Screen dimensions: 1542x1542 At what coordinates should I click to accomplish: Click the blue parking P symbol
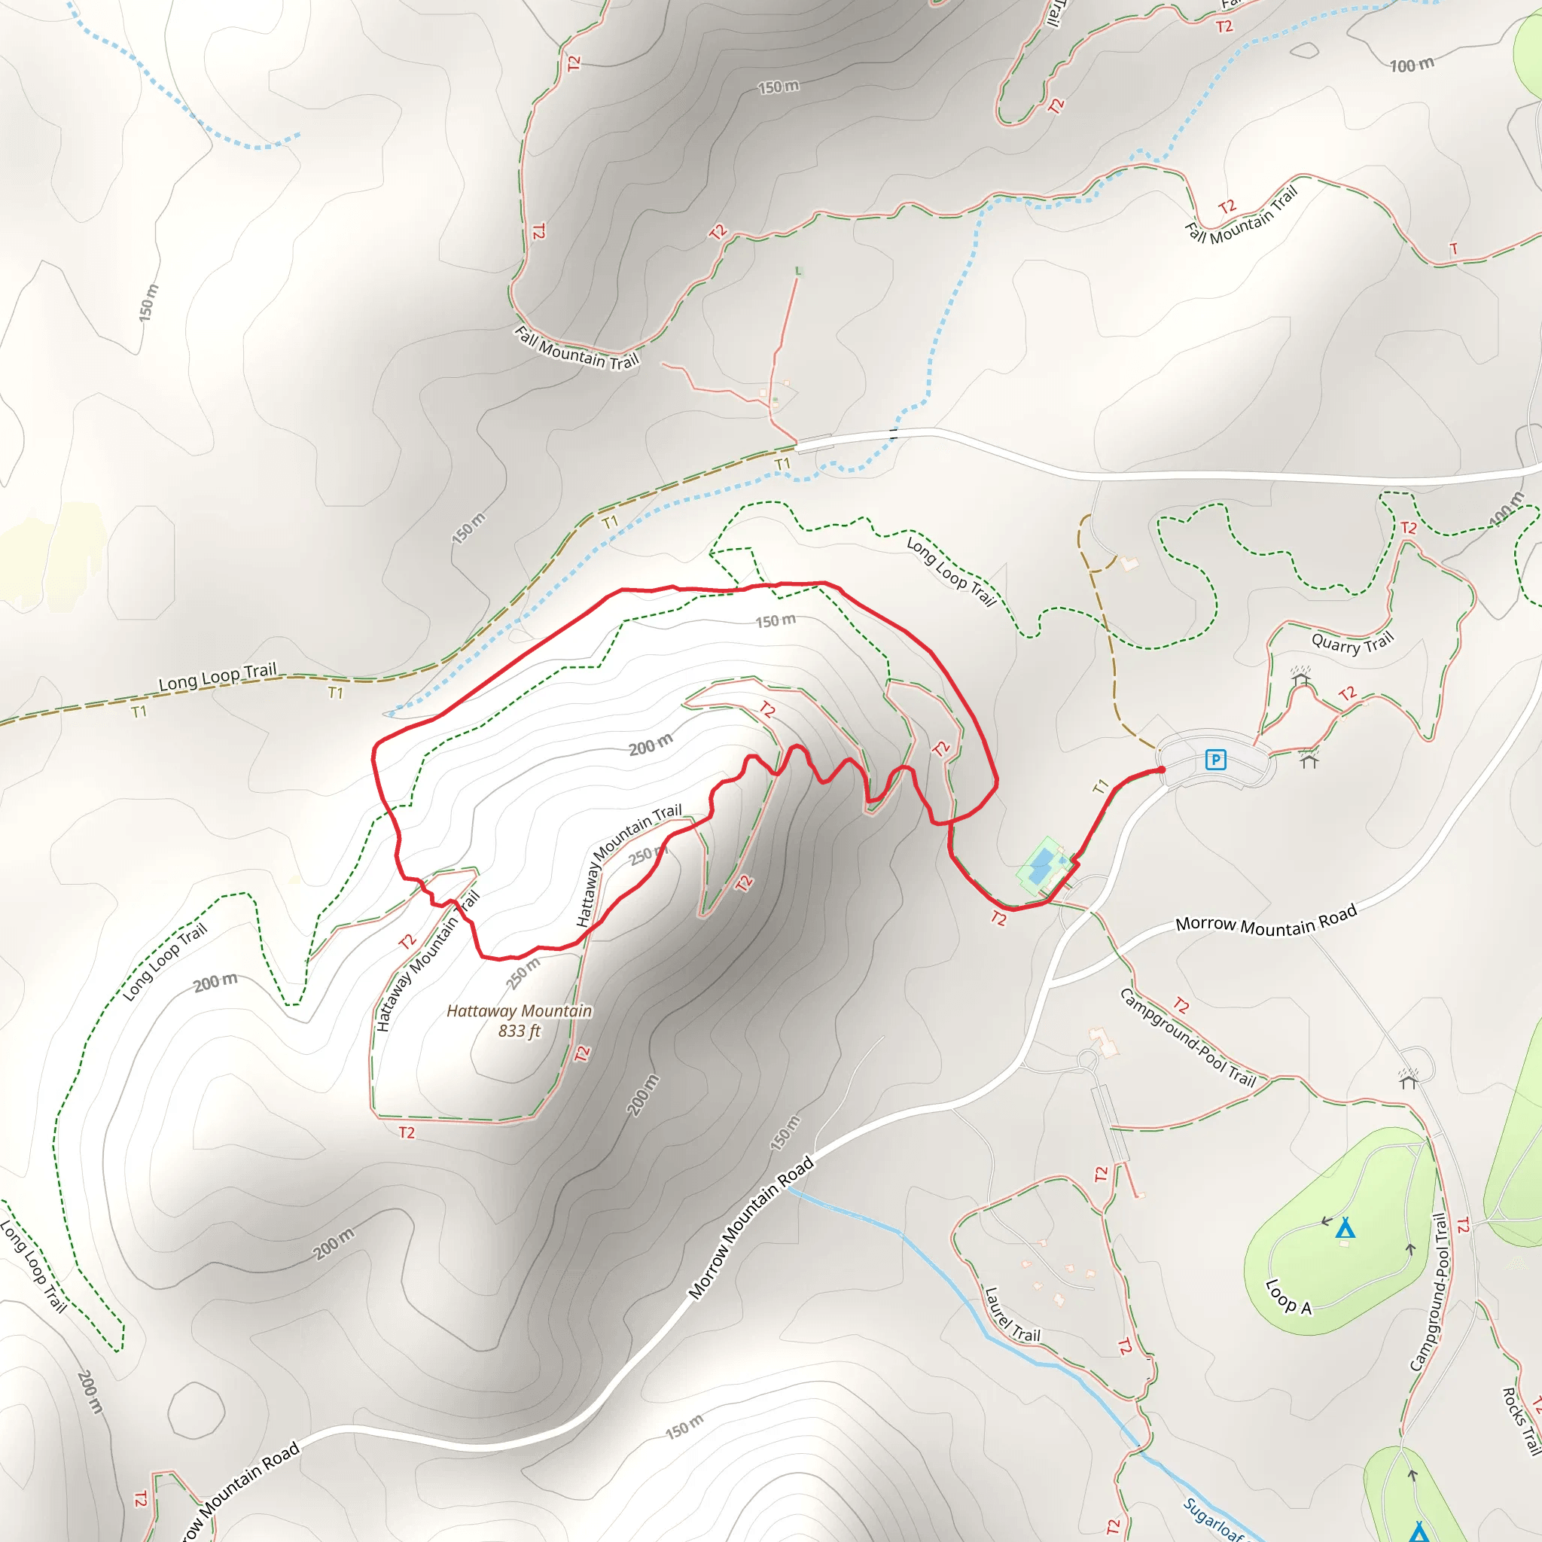(1214, 759)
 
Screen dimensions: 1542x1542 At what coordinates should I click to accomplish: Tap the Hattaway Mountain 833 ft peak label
(519, 1021)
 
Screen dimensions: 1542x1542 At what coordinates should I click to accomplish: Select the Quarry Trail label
(1352, 642)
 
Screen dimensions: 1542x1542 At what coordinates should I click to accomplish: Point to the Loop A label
(1288, 1297)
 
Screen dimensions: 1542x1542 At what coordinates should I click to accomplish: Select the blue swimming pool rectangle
(1040, 866)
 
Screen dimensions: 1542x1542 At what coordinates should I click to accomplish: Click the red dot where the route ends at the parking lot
(1161, 769)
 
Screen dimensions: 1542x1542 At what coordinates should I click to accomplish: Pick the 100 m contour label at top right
(1412, 65)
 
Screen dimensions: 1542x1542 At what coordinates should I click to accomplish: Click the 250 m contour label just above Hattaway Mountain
(523, 973)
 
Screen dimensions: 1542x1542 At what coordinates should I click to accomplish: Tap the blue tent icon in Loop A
(1345, 1227)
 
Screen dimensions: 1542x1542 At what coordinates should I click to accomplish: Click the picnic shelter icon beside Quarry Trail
(1301, 678)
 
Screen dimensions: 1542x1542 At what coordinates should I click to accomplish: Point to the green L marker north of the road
(798, 271)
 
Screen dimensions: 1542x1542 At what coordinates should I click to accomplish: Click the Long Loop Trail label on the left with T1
(217, 676)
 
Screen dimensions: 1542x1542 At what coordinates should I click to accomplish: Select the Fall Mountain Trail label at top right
(1241, 215)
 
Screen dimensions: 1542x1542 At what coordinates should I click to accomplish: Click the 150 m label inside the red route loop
(775, 621)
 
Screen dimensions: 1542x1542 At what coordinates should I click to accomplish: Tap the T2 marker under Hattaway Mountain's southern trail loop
(407, 1132)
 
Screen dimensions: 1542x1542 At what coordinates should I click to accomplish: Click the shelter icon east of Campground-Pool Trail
(1408, 1080)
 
